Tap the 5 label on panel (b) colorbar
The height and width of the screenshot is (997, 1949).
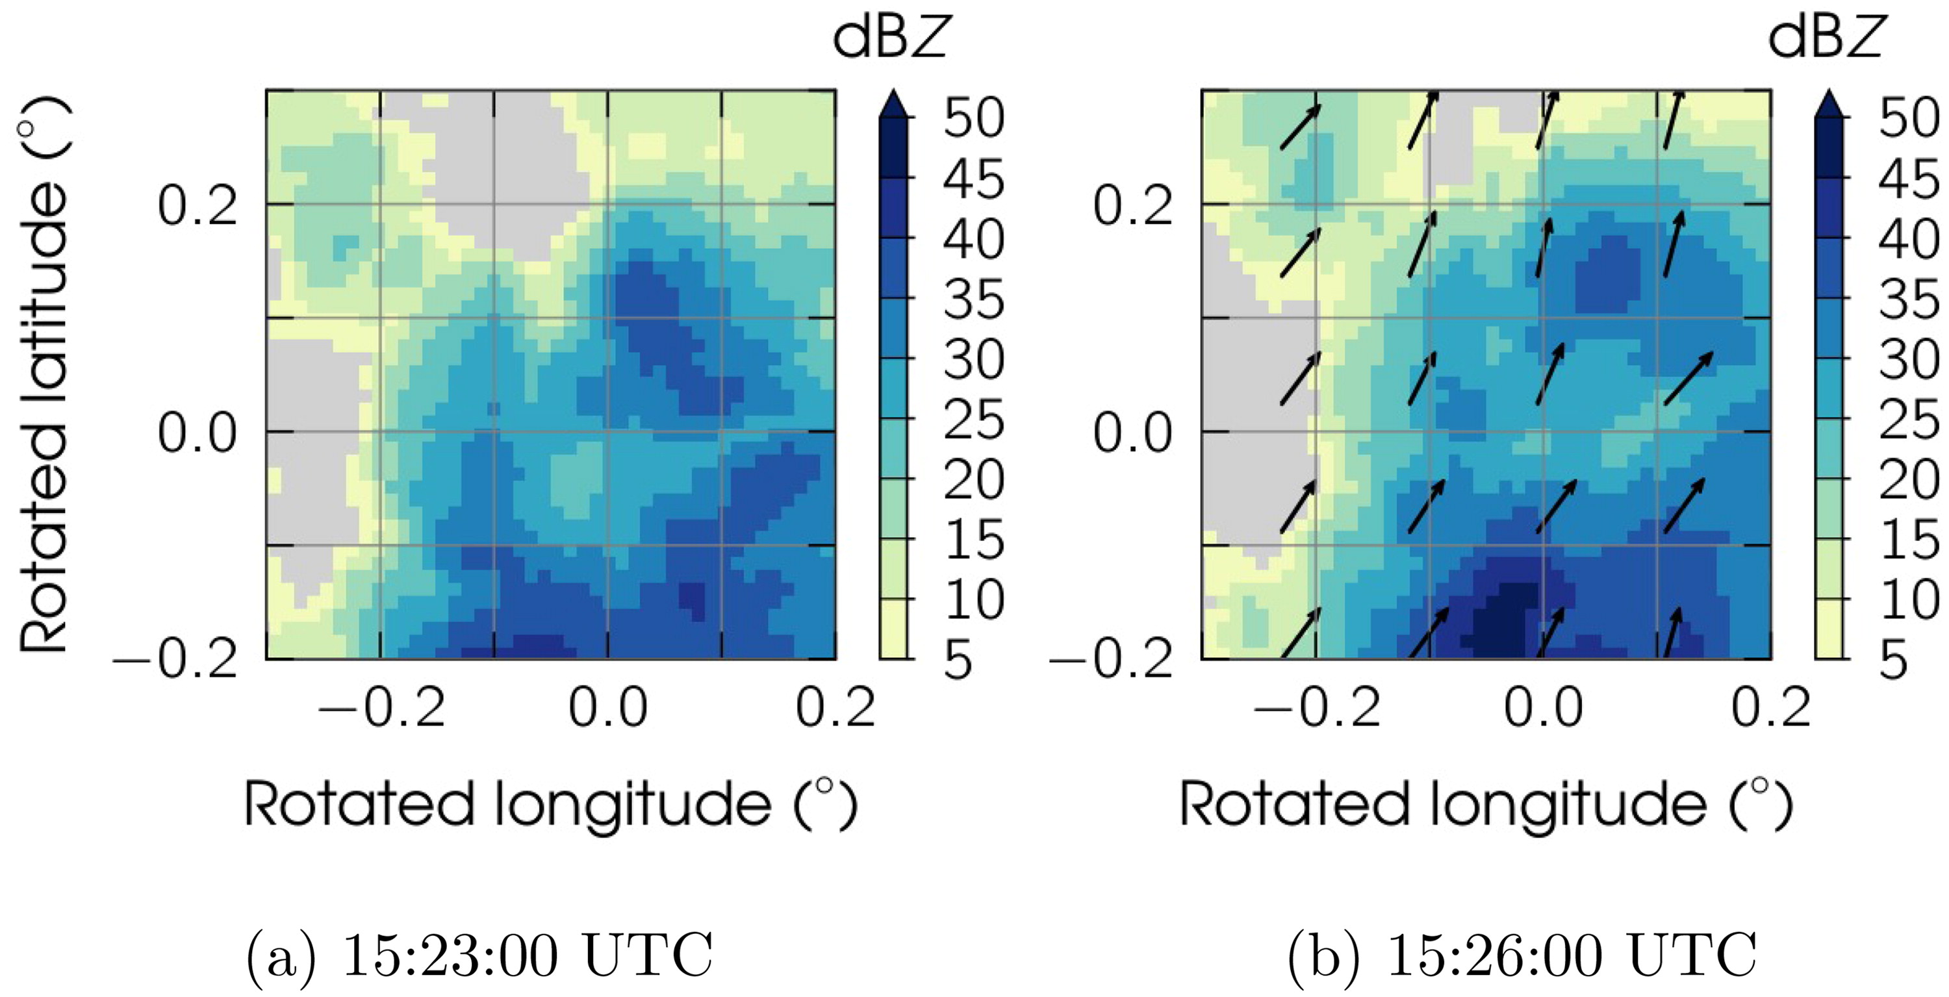[x=1894, y=660]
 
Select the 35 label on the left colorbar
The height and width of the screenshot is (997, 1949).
[x=974, y=299]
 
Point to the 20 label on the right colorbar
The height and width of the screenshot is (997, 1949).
[x=1909, y=479]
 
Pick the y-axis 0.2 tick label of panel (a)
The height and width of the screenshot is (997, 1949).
[x=197, y=205]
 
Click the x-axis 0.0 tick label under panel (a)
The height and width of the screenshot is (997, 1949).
[x=607, y=708]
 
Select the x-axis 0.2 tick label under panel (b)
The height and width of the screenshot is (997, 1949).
[x=1770, y=708]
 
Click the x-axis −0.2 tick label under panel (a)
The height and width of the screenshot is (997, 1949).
[x=381, y=708]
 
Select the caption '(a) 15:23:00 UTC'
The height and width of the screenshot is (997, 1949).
[x=479, y=956]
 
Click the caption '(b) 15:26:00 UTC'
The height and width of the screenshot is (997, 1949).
[x=1522, y=956]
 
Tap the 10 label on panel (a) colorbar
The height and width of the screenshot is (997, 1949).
[x=974, y=600]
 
